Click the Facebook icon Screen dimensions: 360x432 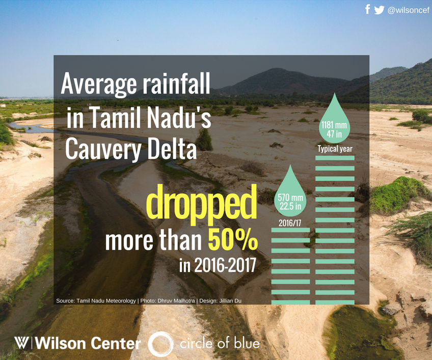pos(368,9)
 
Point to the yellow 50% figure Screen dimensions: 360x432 pos(232,240)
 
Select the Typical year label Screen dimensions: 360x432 pos(335,149)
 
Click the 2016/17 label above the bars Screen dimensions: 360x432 pos(290,223)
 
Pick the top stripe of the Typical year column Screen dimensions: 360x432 pos(335,158)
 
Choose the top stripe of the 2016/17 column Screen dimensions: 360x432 pos(290,230)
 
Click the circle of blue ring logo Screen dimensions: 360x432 pos(160,344)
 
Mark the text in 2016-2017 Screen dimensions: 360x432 pos(217,266)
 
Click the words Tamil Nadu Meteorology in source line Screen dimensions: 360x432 pos(106,301)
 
